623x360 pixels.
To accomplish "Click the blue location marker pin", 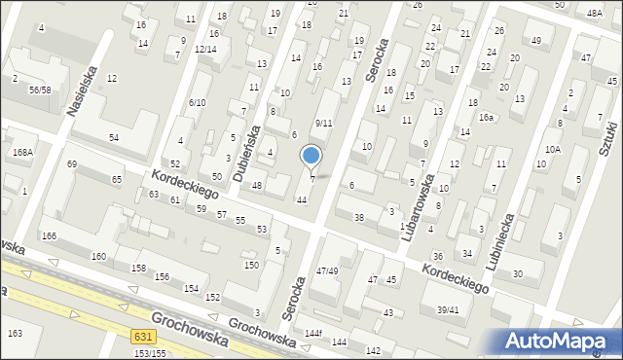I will click(x=311, y=156).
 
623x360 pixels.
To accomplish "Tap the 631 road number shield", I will click(x=142, y=336).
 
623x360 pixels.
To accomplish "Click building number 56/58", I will click(x=40, y=90).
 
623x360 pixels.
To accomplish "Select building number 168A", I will click(x=21, y=152).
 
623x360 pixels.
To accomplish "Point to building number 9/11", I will click(x=324, y=124).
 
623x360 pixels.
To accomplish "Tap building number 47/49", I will click(x=327, y=270).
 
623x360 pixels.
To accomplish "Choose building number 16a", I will click(x=485, y=118).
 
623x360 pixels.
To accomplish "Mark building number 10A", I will click(x=552, y=150).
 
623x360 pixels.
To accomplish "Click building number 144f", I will click(x=312, y=333).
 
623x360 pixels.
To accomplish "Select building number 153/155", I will click(x=150, y=353).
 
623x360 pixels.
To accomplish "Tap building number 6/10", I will click(x=198, y=102).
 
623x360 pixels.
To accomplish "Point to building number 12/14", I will click(x=204, y=49).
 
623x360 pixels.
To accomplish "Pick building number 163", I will click(x=15, y=334).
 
